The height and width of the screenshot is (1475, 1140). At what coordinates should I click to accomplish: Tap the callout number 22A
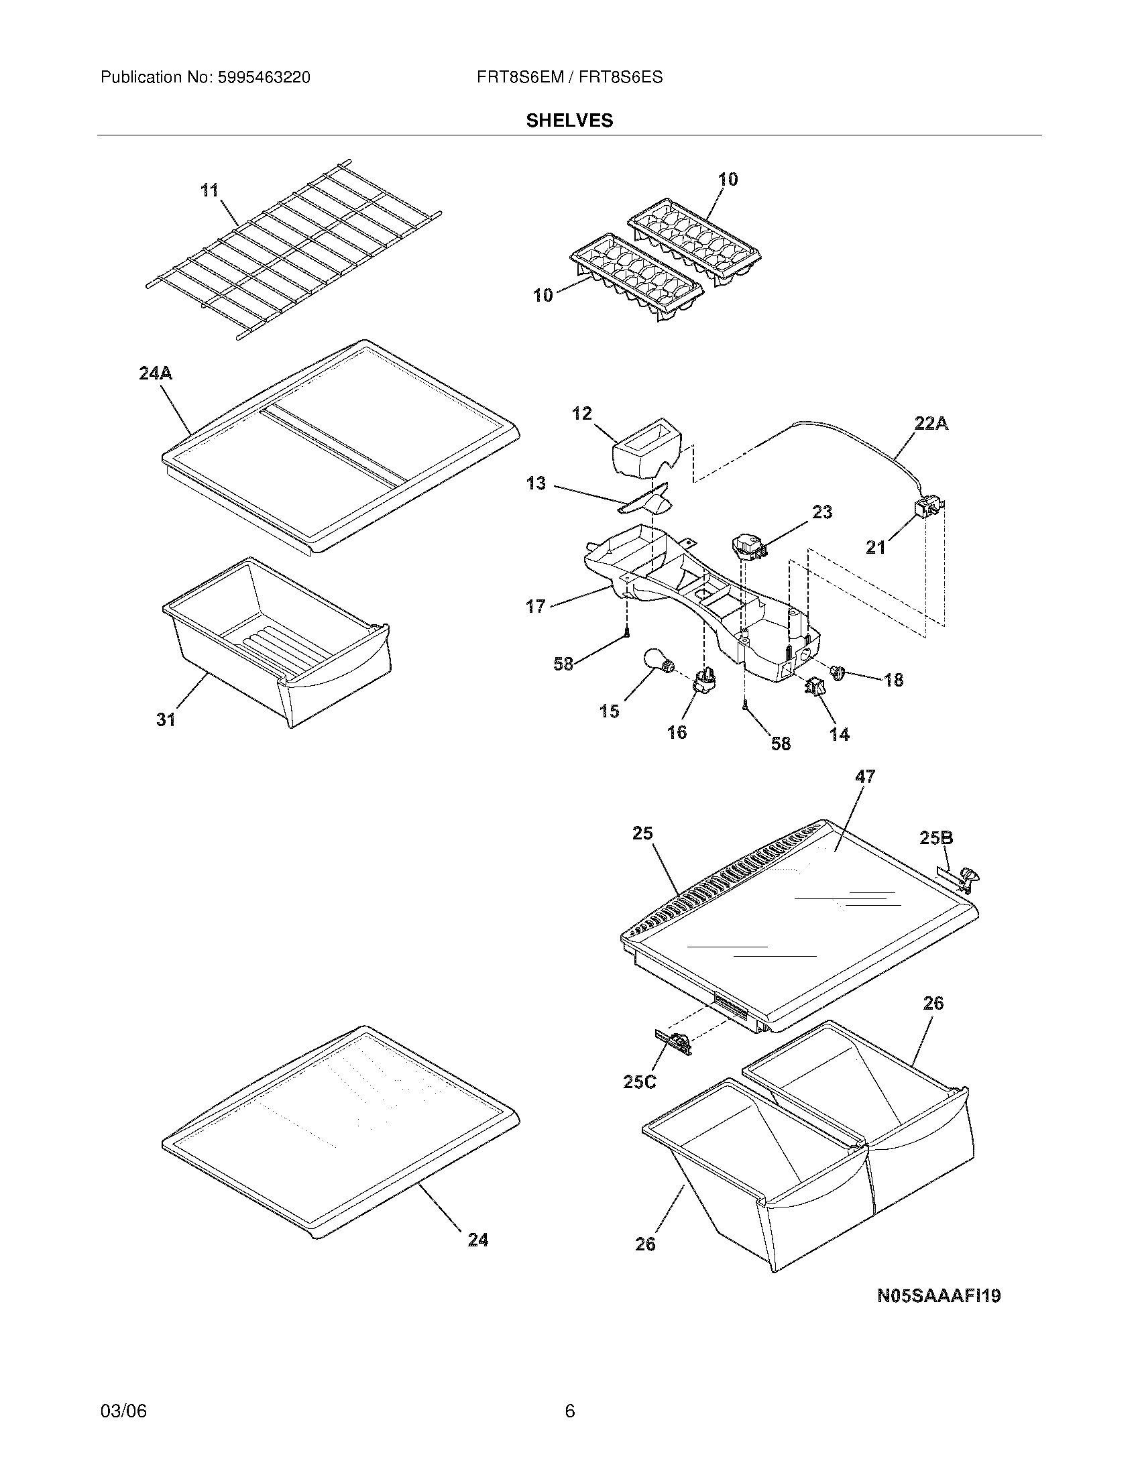click(931, 424)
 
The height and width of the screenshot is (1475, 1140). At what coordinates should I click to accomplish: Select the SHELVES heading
click(569, 121)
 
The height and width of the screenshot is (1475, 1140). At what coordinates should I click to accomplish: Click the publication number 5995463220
click(264, 78)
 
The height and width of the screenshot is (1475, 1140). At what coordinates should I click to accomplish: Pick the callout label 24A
click(156, 373)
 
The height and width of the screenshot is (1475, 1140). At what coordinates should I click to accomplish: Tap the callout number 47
click(864, 776)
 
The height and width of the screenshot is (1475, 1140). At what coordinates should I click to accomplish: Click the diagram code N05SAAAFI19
click(938, 1296)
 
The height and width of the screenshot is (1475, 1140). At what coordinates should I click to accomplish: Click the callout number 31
click(166, 720)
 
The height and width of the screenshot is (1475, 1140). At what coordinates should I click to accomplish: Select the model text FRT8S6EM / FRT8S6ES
click(569, 78)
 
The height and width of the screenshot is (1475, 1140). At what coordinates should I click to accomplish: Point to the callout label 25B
click(936, 838)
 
